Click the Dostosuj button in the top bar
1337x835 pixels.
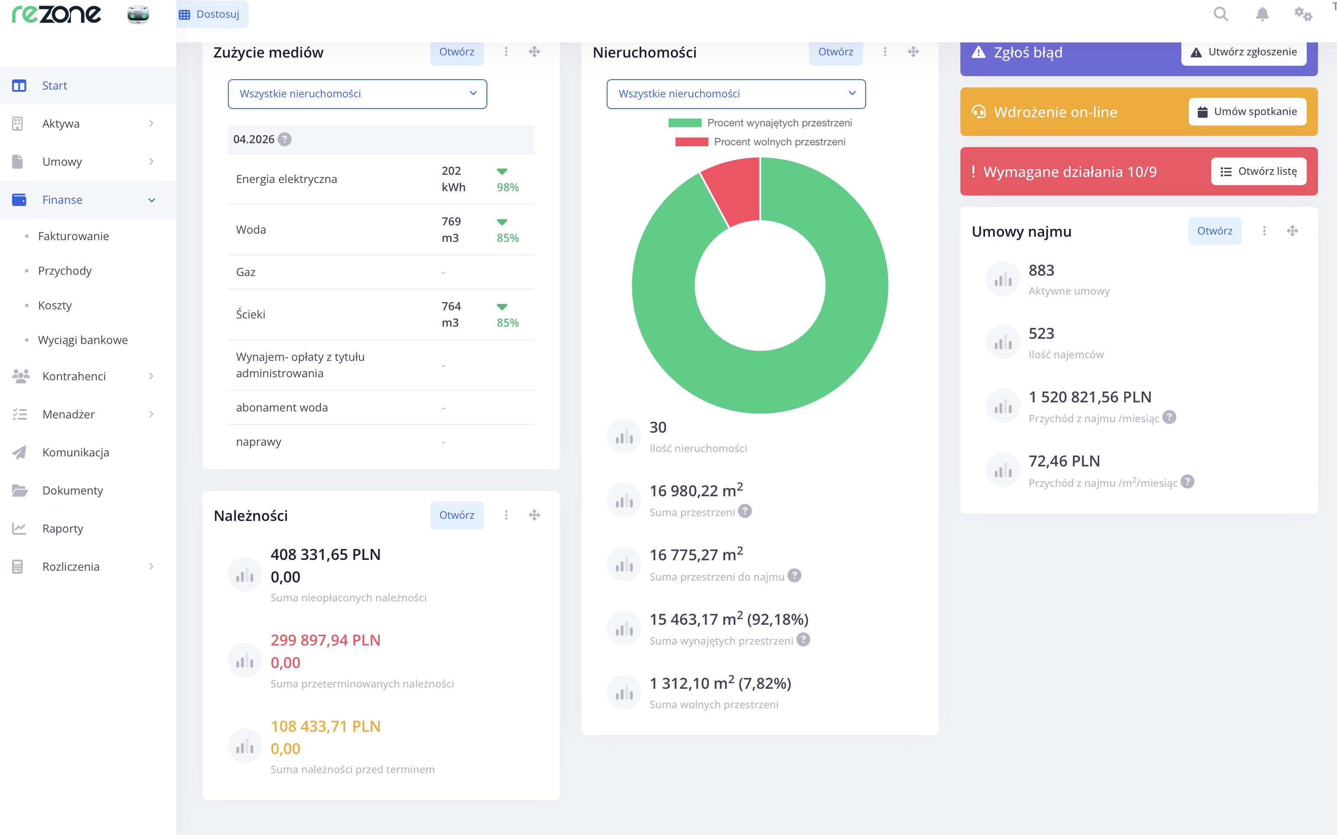(212, 14)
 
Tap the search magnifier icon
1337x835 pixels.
(1221, 14)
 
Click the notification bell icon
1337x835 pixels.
(1262, 14)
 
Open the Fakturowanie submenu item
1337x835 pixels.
(74, 236)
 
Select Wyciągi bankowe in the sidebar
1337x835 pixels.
(83, 340)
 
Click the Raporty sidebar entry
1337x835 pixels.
(62, 529)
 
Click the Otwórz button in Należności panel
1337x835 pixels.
(456, 515)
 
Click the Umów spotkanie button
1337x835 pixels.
(1247, 112)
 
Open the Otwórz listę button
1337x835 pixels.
(1258, 171)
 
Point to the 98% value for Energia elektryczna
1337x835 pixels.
(508, 187)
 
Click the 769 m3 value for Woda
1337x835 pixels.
(451, 230)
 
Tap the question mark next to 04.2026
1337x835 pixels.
(285, 139)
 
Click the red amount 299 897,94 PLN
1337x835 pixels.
(326, 640)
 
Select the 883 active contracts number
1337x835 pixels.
(1041, 270)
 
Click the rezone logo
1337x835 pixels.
(57, 14)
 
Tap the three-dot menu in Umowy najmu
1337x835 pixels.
(1264, 231)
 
